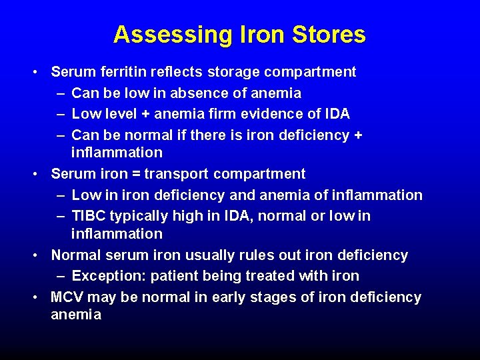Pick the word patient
pyautogui.click(x=174, y=276)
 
